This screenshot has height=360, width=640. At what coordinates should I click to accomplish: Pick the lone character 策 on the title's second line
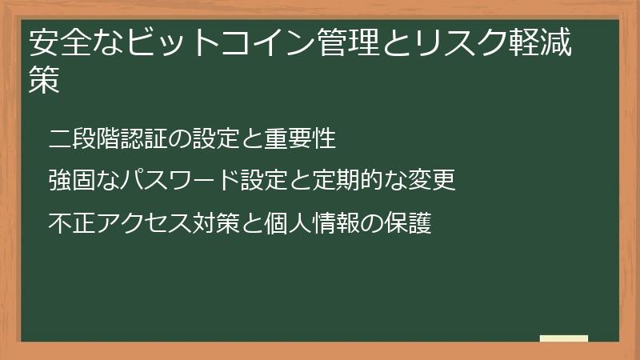point(44,81)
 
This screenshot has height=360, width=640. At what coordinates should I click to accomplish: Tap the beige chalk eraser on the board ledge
point(564,338)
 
